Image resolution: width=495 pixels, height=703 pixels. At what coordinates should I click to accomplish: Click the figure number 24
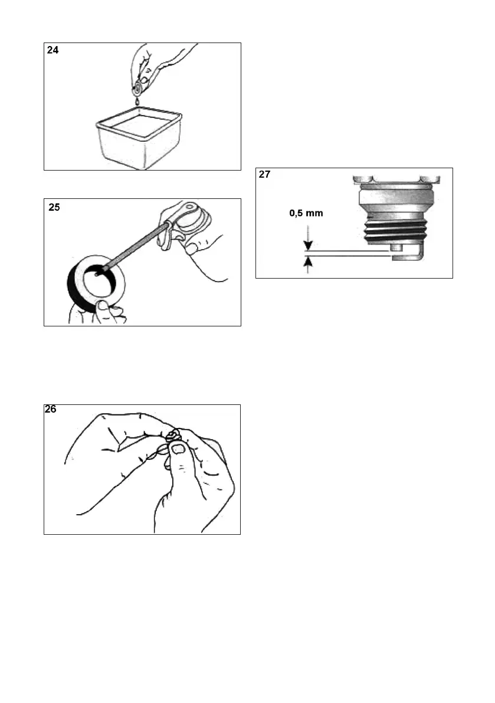53,51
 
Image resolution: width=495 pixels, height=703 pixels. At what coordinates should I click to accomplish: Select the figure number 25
54,208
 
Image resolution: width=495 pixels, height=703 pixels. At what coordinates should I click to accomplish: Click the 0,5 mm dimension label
306,214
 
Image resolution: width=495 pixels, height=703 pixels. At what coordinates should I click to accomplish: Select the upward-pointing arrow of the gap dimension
306,263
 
